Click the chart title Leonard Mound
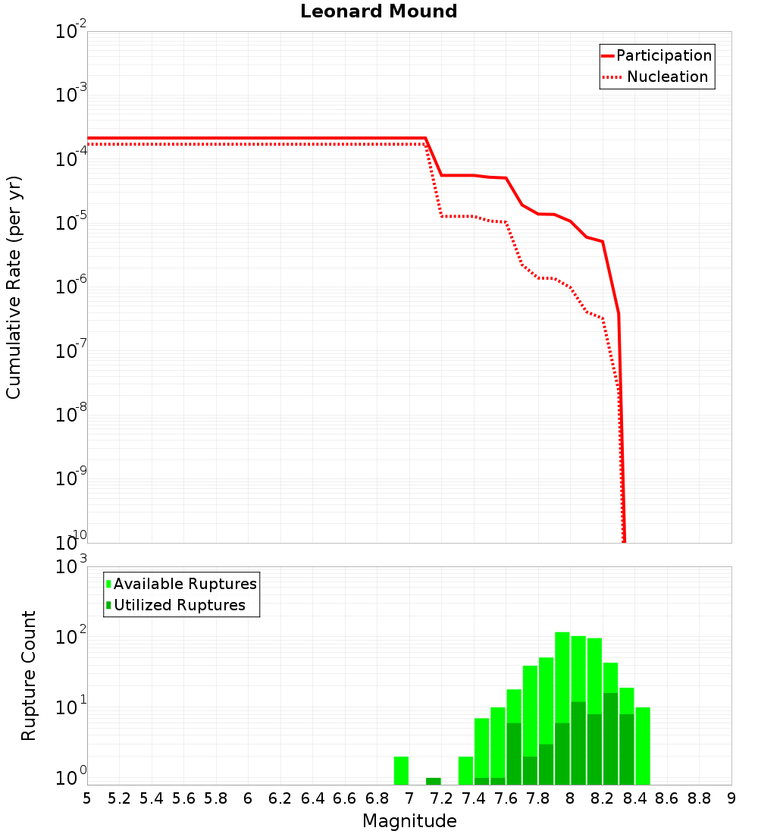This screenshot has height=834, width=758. point(379,11)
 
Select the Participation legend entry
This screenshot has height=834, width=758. point(663,56)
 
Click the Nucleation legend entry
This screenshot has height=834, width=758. point(666,77)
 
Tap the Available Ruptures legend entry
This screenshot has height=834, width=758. point(184,585)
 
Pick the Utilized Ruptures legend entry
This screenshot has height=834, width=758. point(179,606)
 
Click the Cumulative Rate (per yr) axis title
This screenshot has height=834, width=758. point(14,287)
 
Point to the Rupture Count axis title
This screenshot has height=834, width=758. point(29,675)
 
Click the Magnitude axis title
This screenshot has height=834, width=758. point(409,821)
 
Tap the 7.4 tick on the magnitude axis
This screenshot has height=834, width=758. point(474,798)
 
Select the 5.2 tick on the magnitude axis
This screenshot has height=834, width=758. point(119,798)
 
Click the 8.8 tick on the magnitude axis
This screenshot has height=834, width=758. point(699,798)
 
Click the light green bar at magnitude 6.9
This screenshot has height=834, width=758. point(402,770)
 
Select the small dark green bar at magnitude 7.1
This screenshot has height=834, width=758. point(434,781)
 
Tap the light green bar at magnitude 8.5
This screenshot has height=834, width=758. point(643,746)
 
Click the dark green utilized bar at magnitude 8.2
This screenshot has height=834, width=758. point(611,739)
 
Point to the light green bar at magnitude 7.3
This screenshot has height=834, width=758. point(466,770)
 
